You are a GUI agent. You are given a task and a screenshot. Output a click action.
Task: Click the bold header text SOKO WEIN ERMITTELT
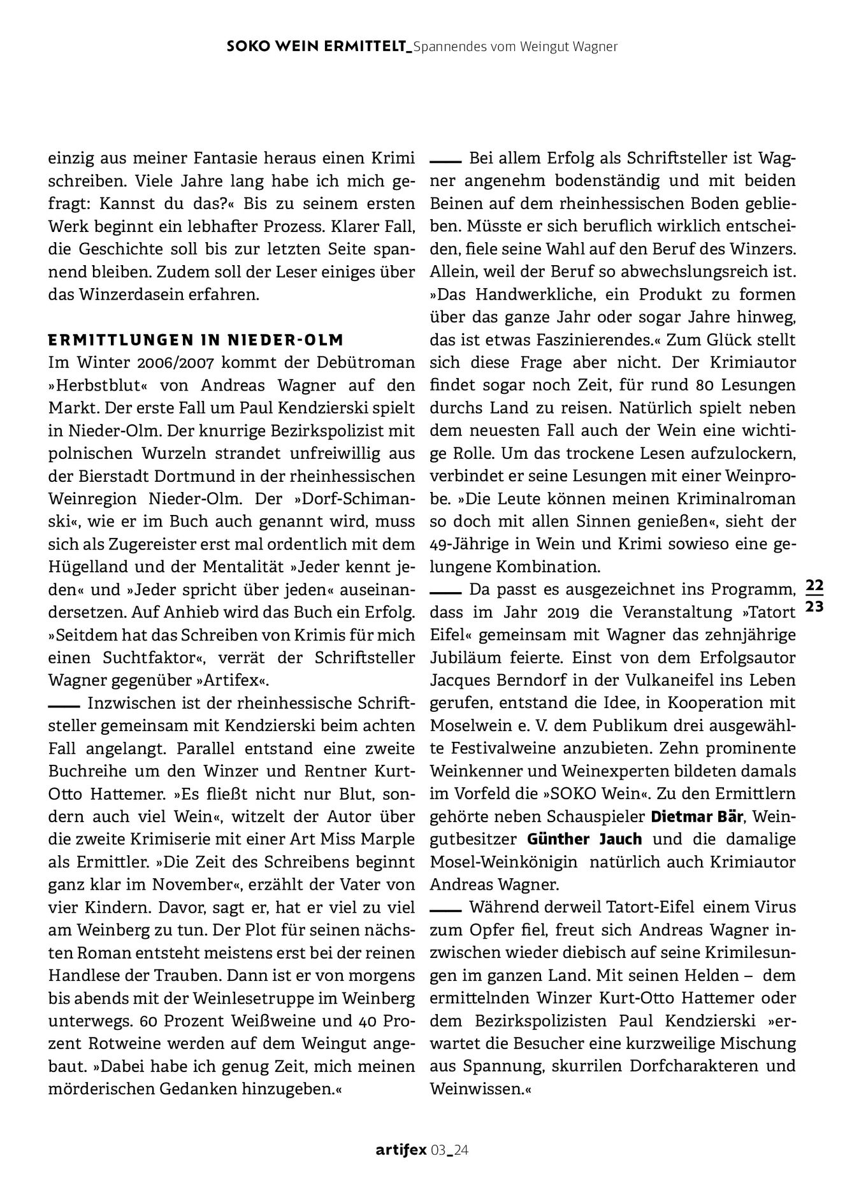[317, 47]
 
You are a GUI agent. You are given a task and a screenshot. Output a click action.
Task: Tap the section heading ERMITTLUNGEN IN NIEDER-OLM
[196, 339]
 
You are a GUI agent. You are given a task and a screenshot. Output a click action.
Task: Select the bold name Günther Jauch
[584, 839]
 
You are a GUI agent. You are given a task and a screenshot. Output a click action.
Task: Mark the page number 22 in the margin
[814, 584]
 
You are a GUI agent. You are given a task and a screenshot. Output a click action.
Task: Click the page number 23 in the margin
[814, 607]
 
